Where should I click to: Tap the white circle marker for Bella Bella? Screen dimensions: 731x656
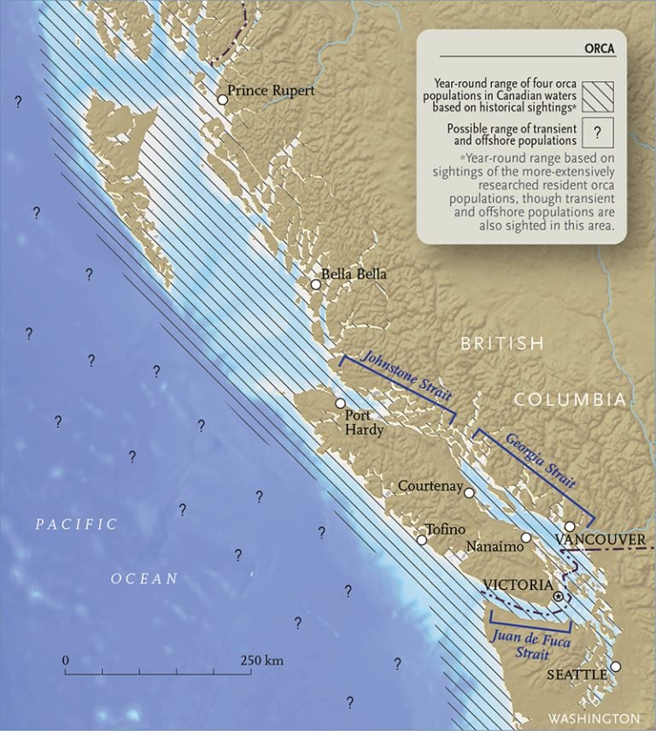[316, 285]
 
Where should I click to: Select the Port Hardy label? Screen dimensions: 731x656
[362, 423]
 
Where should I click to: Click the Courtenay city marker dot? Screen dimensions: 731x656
[469, 492]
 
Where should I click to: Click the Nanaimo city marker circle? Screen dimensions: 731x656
[526, 538]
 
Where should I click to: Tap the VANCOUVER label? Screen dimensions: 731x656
[600, 540]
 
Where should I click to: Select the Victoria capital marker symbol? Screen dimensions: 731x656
[559, 596]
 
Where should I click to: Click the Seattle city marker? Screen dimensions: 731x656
[616, 667]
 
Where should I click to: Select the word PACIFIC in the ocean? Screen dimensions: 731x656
[76, 525]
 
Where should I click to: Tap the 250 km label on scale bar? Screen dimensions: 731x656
[261, 661]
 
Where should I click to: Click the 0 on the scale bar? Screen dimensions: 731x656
[66, 661]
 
